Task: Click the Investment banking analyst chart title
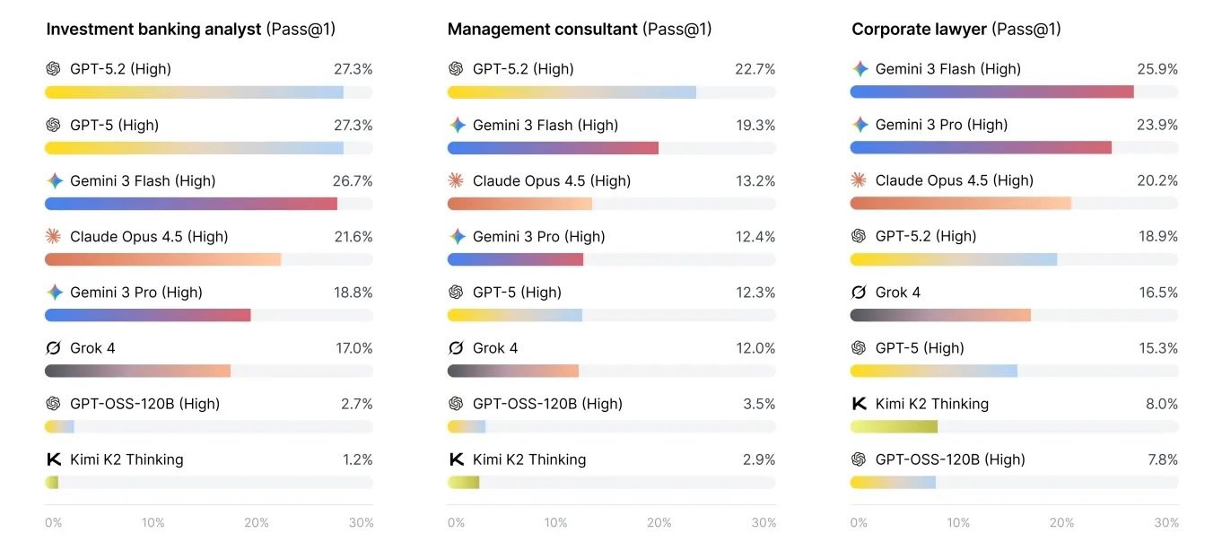pos(190,29)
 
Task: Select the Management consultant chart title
pos(579,29)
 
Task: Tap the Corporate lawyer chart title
pos(956,29)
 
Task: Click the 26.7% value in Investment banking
pos(353,181)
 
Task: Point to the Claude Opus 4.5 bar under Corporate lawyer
pos(960,203)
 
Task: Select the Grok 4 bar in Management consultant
pos(512,371)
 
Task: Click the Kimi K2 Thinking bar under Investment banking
pos(51,483)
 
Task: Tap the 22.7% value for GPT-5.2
pos(755,69)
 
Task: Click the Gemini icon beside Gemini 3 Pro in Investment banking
pos(54,293)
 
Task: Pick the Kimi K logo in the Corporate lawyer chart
pos(859,404)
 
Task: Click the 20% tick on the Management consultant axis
pos(659,523)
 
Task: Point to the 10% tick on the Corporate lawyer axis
pos(958,523)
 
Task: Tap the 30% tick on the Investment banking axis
pos(361,523)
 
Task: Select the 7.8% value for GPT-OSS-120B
pos(1162,459)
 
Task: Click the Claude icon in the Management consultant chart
pos(457,181)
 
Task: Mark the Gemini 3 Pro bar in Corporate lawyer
pos(980,147)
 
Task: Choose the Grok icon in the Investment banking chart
pos(54,348)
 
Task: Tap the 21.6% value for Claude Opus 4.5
pos(353,237)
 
